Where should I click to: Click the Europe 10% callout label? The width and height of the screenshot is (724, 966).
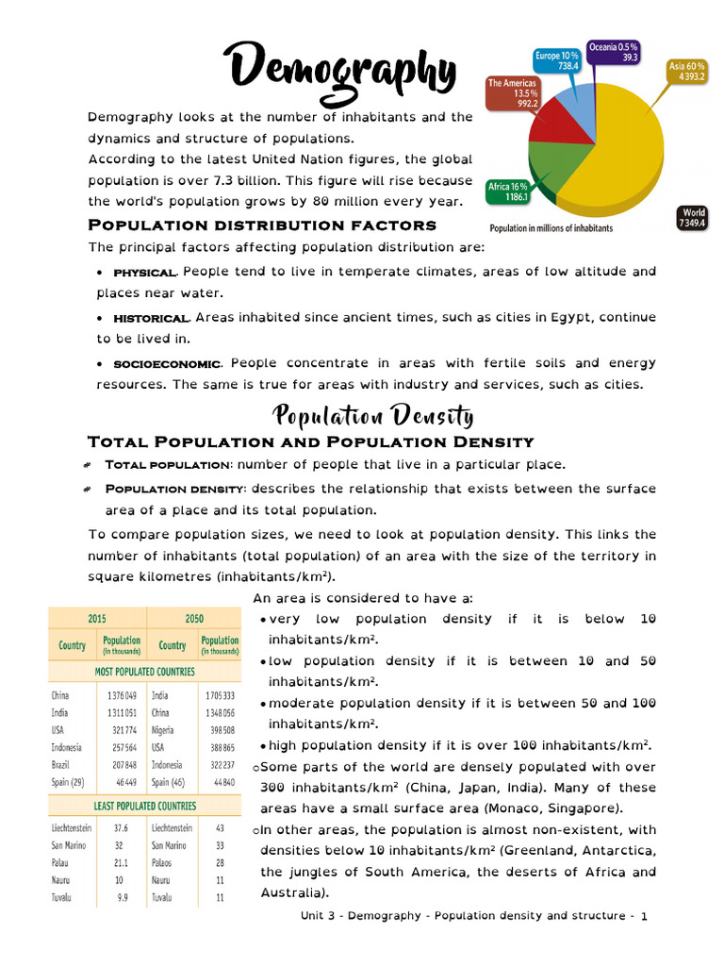pyautogui.click(x=556, y=60)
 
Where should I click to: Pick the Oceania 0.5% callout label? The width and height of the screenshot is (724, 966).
pyautogui.click(x=614, y=52)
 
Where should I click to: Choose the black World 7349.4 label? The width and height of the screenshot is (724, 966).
pyautogui.click(x=693, y=218)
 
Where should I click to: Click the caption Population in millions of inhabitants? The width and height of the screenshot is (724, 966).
pyautogui.click(x=551, y=228)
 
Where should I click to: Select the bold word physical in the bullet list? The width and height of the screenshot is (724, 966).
pyautogui.click(x=144, y=273)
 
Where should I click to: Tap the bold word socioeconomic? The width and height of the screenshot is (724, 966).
pyautogui.click(x=167, y=364)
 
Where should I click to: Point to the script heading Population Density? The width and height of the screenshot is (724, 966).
pyautogui.click(x=372, y=415)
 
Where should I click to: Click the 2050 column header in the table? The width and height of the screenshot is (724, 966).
pyautogui.click(x=194, y=619)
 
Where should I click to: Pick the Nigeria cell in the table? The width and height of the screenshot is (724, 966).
pyautogui.click(x=165, y=730)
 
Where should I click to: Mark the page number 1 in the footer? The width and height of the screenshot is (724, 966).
pyautogui.click(x=643, y=916)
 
